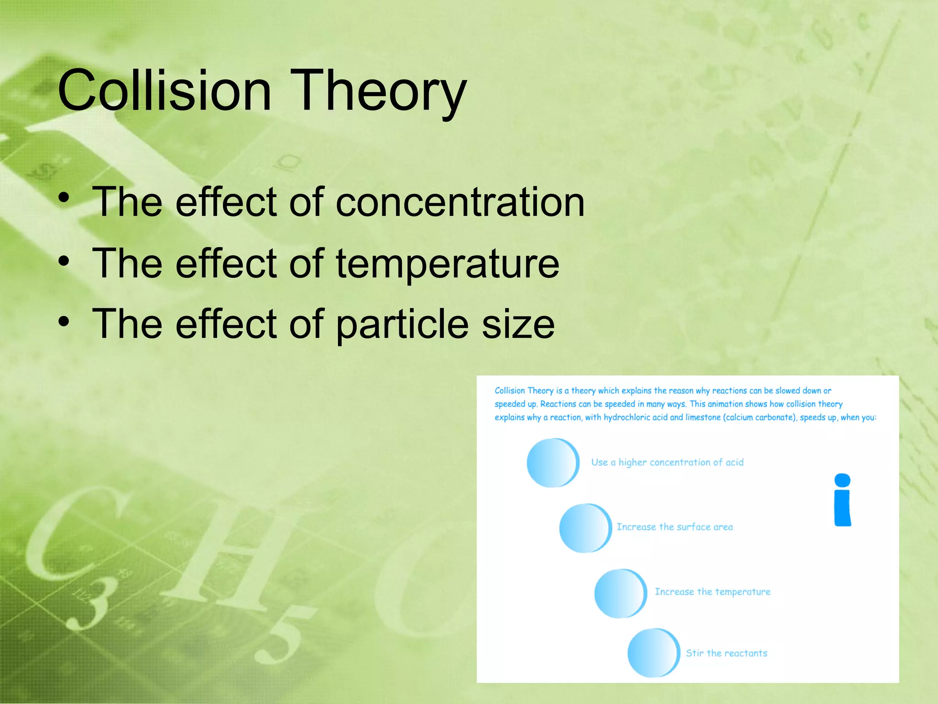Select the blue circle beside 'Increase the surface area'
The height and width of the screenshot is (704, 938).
(585, 528)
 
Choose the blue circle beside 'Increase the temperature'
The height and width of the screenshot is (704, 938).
(620, 593)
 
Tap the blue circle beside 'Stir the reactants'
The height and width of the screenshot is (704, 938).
(653, 653)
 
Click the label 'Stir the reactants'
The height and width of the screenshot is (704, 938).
(726, 653)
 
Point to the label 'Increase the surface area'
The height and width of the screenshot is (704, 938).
(674, 527)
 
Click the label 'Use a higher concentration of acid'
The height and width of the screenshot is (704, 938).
(667, 462)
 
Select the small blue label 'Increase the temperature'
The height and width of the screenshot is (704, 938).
(712, 592)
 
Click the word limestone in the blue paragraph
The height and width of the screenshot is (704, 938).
(703, 418)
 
